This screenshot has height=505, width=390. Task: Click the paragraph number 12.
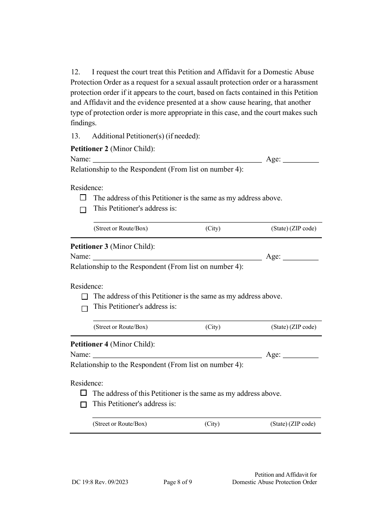pos(76,72)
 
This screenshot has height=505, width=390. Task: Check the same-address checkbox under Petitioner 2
pos(83,197)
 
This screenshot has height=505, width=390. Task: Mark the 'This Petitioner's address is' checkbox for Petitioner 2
pos(83,210)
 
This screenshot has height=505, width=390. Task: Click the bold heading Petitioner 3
pos(89,247)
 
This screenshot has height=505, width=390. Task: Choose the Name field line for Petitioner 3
pos(177,257)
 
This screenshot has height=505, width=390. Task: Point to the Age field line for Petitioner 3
pos(301,257)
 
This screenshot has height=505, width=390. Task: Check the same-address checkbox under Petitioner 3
pos(85,296)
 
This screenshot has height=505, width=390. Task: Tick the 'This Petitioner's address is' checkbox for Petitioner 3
pos(85,309)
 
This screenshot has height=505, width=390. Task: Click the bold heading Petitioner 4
pos(89,344)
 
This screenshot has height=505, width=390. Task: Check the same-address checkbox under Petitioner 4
pos(84,393)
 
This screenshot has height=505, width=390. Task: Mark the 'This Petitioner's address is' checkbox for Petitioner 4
pos(84,405)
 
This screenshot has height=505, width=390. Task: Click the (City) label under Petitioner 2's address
pos(213,229)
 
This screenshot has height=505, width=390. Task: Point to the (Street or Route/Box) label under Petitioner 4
pos(119,424)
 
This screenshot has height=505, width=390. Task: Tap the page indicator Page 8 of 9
pos(177,482)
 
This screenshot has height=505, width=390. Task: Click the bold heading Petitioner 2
pos(89,149)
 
